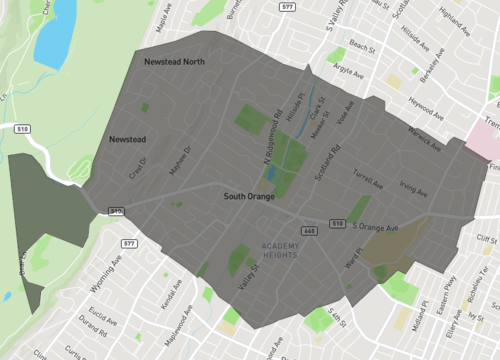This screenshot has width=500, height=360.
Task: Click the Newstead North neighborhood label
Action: pyautogui.click(x=174, y=62)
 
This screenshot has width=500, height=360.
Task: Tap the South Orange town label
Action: pyautogui.click(x=249, y=198)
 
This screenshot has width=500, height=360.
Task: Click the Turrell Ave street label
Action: pyautogui.click(x=368, y=179)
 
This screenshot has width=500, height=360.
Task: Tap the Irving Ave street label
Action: pyautogui.click(x=413, y=187)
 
